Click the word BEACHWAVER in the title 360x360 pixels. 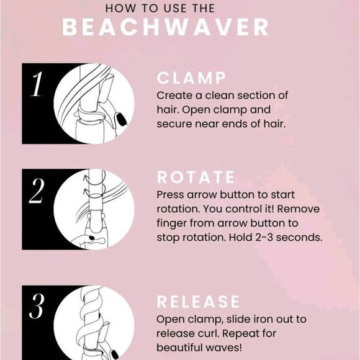pyautogui.click(x=165, y=27)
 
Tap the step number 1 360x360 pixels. pyautogui.click(x=37, y=84)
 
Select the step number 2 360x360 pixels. pyautogui.click(x=37, y=191)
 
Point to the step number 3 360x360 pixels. pyautogui.click(x=37, y=306)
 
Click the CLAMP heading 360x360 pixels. pyautogui.click(x=191, y=78)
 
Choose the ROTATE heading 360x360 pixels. pyautogui.click(x=196, y=178)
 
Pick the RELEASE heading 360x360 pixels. pyautogui.click(x=198, y=302)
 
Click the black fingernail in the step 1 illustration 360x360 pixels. pyautogui.click(x=122, y=120)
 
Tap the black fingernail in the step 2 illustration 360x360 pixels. pyautogui.click(x=92, y=238)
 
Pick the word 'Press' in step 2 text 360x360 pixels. pyautogui.click(x=170, y=195)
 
